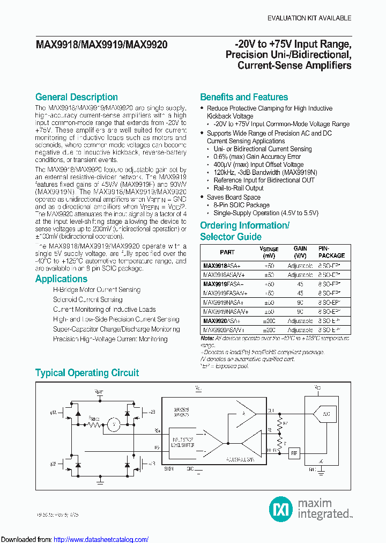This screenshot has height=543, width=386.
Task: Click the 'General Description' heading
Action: [77, 97]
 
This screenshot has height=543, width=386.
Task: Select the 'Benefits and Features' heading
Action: [244, 97]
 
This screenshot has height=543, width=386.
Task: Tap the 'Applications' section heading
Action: [61, 279]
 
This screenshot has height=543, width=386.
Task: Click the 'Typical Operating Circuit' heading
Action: [87, 373]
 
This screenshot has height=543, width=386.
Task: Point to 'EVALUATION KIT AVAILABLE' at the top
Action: [309, 18]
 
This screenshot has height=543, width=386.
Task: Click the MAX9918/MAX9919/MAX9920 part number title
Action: [101, 45]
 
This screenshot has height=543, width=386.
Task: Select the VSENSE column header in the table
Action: [269, 252]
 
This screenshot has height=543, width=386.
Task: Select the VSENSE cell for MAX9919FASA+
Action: [269, 284]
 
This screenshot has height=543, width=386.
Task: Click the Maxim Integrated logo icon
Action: [280, 508]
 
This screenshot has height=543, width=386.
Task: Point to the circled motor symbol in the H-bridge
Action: [113, 425]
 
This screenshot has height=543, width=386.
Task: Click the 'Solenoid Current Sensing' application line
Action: [87, 299]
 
